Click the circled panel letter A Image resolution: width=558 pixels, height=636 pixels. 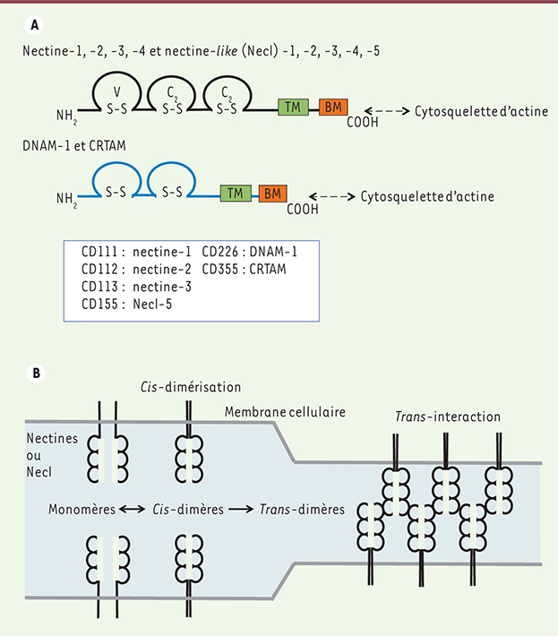(x=34, y=25)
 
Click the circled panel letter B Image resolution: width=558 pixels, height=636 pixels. (x=36, y=373)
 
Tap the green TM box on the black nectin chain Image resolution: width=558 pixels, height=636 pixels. (x=293, y=107)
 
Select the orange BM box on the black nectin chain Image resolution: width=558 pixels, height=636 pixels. (x=333, y=107)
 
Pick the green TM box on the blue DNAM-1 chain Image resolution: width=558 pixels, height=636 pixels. (x=236, y=193)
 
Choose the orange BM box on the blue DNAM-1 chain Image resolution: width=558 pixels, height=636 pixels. (x=273, y=193)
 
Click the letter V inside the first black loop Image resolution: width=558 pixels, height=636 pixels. (x=116, y=92)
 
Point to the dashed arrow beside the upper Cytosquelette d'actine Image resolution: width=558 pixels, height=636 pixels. (x=387, y=111)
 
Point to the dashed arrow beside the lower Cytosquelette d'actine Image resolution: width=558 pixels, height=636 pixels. (x=331, y=197)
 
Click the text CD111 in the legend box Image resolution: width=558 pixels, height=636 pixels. (x=99, y=252)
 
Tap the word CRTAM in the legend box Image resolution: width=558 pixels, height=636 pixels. (x=268, y=270)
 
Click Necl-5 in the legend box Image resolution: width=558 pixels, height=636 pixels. (x=152, y=305)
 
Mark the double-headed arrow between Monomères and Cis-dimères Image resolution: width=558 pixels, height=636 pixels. (x=133, y=509)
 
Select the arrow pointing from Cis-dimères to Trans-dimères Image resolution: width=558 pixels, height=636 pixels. (x=241, y=509)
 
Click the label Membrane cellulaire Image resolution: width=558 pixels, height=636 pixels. (x=285, y=412)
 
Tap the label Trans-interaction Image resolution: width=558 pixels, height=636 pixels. (x=448, y=417)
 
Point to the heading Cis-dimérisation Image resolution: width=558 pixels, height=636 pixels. (x=191, y=387)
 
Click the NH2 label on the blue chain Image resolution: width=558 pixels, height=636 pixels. (x=66, y=199)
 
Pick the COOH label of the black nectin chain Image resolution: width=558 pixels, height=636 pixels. (x=363, y=122)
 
